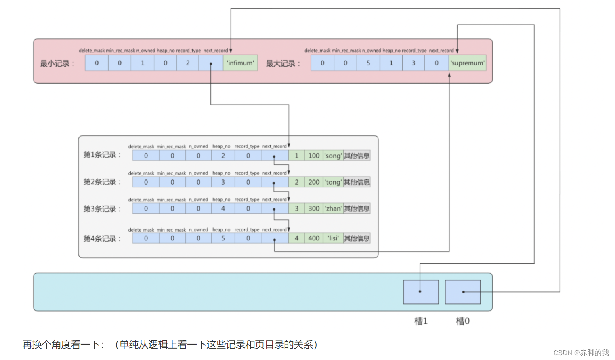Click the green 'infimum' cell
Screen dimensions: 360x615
coord(240,63)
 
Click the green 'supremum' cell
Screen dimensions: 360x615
coord(468,63)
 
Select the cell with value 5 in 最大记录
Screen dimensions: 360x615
coord(368,63)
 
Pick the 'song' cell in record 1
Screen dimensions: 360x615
coord(333,156)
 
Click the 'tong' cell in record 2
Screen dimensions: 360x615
coord(333,182)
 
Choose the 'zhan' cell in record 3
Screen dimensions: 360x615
coord(333,208)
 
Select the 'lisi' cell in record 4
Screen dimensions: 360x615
coord(333,238)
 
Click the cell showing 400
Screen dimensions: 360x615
coord(314,238)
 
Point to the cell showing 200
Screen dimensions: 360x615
coord(314,182)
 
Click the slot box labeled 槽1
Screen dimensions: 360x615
coord(421,292)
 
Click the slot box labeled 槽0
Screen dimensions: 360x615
coord(463,292)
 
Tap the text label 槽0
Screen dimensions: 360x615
coord(463,321)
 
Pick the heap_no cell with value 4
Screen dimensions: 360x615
coord(223,208)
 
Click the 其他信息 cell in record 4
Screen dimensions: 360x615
coord(357,238)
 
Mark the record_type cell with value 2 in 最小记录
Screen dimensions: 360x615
coord(187,63)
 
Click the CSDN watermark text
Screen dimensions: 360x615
coord(581,353)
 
